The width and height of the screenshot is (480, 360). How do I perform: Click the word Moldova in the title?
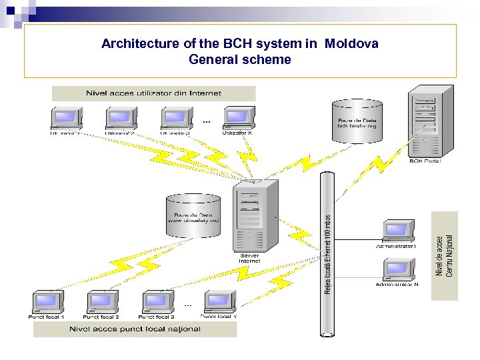click(x=351, y=44)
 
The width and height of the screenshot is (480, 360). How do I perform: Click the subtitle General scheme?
click(x=240, y=59)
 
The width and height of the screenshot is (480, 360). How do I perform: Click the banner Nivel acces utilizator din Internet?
click(x=153, y=93)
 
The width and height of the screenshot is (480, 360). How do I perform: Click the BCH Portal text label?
click(x=425, y=161)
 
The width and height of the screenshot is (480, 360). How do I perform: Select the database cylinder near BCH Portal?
click(x=357, y=121)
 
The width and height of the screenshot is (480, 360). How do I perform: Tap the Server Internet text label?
click(x=249, y=258)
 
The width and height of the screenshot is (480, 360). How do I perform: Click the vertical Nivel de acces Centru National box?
click(x=445, y=255)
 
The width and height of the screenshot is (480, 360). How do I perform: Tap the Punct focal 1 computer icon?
click(x=47, y=301)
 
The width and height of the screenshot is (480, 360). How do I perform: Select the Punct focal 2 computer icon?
click(x=102, y=301)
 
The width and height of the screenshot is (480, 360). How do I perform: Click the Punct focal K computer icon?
click(x=219, y=301)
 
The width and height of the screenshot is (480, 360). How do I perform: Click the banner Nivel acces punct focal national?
click(x=135, y=329)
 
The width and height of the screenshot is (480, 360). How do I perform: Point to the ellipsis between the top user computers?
click(x=206, y=122)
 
